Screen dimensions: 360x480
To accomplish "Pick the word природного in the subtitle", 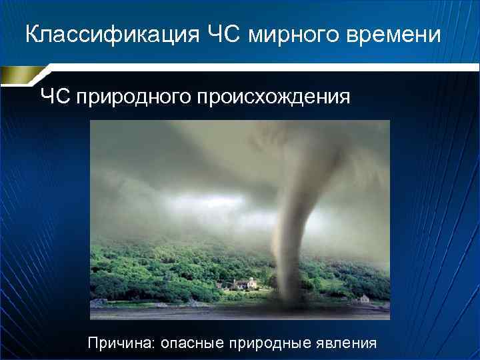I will [x=133, y=98].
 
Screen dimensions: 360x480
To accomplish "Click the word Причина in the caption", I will [x=121, y=343].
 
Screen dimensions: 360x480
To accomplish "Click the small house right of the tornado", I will [x=364, y=297].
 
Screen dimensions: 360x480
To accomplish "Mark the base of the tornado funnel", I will [x=288, y=293].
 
